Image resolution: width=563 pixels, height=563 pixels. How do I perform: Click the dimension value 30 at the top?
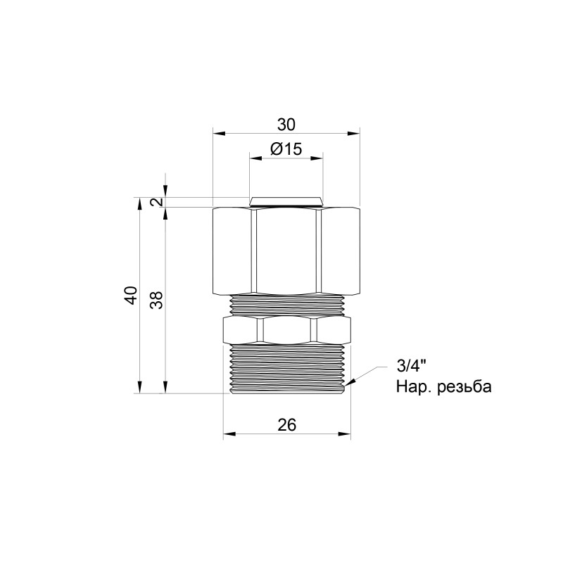pyautogui.click(x=286, y=125)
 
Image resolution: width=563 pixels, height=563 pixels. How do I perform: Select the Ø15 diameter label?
pyautogui.click(x=286, y=149)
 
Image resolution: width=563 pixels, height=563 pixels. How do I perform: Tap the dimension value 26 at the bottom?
pyautogui.click(x=286, y=424)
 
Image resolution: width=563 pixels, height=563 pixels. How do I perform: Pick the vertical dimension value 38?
pyautogui.click(x=156, y=301)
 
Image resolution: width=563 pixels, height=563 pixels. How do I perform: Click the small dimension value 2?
pyautogui.click(x=157, y=202)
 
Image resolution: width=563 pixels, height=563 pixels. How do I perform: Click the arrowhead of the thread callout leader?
pyautogui.click(x=348, y=384)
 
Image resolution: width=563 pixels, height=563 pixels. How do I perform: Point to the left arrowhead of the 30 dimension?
pyautogui.click(x=217, y=132)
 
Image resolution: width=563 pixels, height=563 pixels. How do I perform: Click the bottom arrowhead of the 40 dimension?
pyautogui.click(x=140, y=388)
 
